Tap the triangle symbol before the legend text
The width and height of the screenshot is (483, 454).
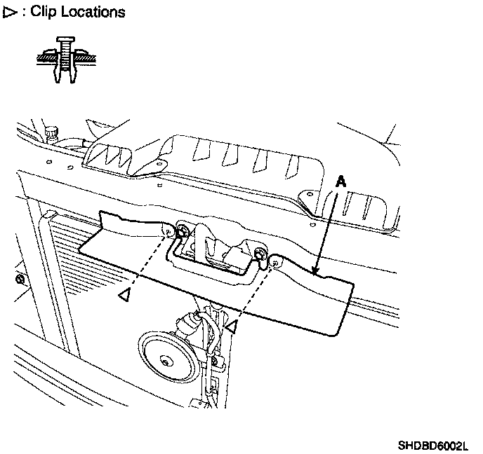pyautogui.click(x=9, y=12)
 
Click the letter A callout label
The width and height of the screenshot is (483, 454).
pyautogui.click(x=340, y=181)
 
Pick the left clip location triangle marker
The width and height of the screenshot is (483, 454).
pyautogui.click(x=124, y=296)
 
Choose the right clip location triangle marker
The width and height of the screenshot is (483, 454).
pyautogui.click(x=232, y=326)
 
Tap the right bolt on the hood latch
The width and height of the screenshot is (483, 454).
pyautogui.click(x=260, y=252)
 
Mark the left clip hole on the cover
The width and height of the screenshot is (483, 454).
pyautogui.click(x=168, y=230)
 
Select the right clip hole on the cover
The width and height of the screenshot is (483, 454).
pyautogui.click(x=274, y=263)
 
